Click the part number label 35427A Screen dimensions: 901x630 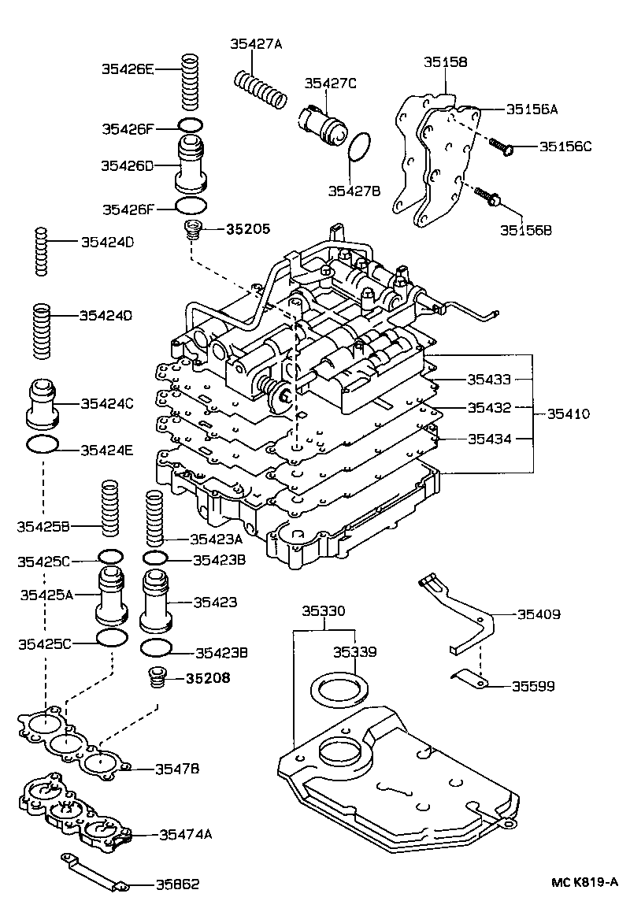(x=255, y=44)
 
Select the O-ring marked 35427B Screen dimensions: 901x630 (x=359, y=146)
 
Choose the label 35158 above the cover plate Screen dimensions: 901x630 (x=446, y=61)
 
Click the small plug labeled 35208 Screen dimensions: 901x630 (x=157, y=677)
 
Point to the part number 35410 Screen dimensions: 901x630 (x=569, y=413)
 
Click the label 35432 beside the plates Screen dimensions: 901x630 (x=489, y=408)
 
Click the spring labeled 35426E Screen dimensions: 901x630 (x=190, y=82)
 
